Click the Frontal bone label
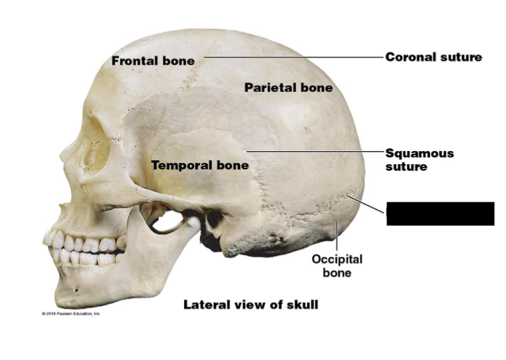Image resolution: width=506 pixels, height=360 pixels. point(152,61)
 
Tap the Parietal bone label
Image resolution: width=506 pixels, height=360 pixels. point(288,87)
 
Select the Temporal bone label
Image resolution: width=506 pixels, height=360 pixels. point(200,166)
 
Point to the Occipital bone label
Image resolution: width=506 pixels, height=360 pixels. point(337,265)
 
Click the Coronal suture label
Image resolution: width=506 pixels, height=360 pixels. point(433,57)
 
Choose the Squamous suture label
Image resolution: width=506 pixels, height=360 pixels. point(419,160)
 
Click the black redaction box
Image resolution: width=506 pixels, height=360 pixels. point(440,214)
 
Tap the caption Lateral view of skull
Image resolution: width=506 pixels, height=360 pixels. point(250,305)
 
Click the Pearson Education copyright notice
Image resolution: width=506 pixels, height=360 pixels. point(71,314)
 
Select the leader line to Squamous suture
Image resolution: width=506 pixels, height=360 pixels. point(315,151)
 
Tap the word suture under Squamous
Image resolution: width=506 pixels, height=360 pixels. point(406,167)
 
